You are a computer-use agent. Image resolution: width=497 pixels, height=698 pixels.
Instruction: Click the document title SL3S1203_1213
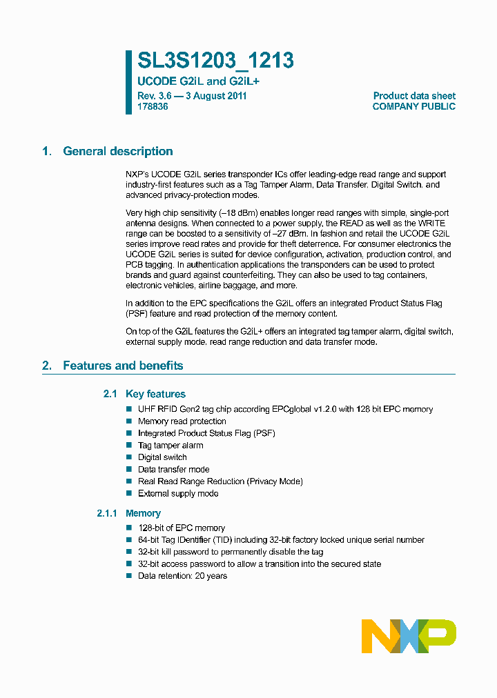click(215, 61)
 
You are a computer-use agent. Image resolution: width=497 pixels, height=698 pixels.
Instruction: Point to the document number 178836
click(153, 107)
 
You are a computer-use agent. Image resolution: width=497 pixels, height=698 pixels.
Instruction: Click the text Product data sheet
click(414, 96)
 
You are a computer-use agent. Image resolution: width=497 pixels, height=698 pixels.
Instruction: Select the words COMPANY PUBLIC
click(413, 107)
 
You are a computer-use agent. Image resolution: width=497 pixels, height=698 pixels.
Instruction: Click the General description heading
click(117, 152)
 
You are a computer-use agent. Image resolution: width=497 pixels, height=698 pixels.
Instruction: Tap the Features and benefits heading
click(123, 366)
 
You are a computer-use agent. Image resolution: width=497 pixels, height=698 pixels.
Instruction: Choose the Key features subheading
click(155, 395)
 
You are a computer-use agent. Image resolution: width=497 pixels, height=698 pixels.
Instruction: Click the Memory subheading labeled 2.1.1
click(143, 513)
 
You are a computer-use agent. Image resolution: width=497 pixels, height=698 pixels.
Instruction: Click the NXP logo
click(409, 636)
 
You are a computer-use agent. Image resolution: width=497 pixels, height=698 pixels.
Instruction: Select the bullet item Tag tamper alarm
click(170, 446)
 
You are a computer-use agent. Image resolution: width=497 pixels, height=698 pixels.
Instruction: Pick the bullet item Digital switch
click(162, 457)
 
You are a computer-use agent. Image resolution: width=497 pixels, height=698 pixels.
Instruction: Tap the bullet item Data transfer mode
click(173, 470)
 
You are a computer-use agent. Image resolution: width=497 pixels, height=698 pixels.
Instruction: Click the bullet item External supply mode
click(178, 494)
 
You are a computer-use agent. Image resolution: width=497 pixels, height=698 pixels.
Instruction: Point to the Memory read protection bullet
click(182, 421)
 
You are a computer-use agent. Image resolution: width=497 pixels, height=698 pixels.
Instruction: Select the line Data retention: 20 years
click(182, 576)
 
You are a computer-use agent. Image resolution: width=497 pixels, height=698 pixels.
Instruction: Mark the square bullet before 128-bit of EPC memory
click(128, 528)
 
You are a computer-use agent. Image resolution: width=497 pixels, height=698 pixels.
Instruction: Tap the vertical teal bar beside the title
click(128, 81)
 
